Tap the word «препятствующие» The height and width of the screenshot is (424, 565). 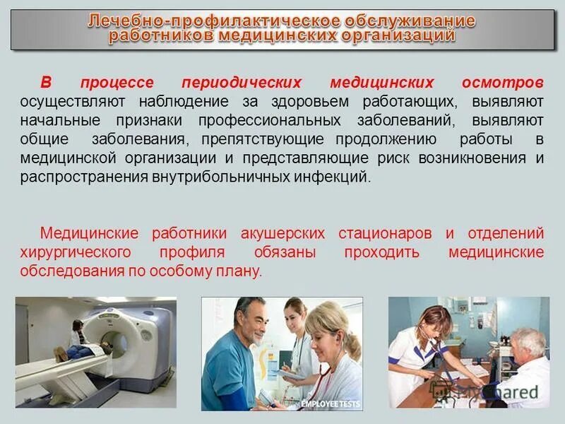[262, 139]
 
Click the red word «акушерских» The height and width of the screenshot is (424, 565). [282, 233]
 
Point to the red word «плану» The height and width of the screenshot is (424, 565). [241, 271]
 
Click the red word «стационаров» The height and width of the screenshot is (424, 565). [385, 233]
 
